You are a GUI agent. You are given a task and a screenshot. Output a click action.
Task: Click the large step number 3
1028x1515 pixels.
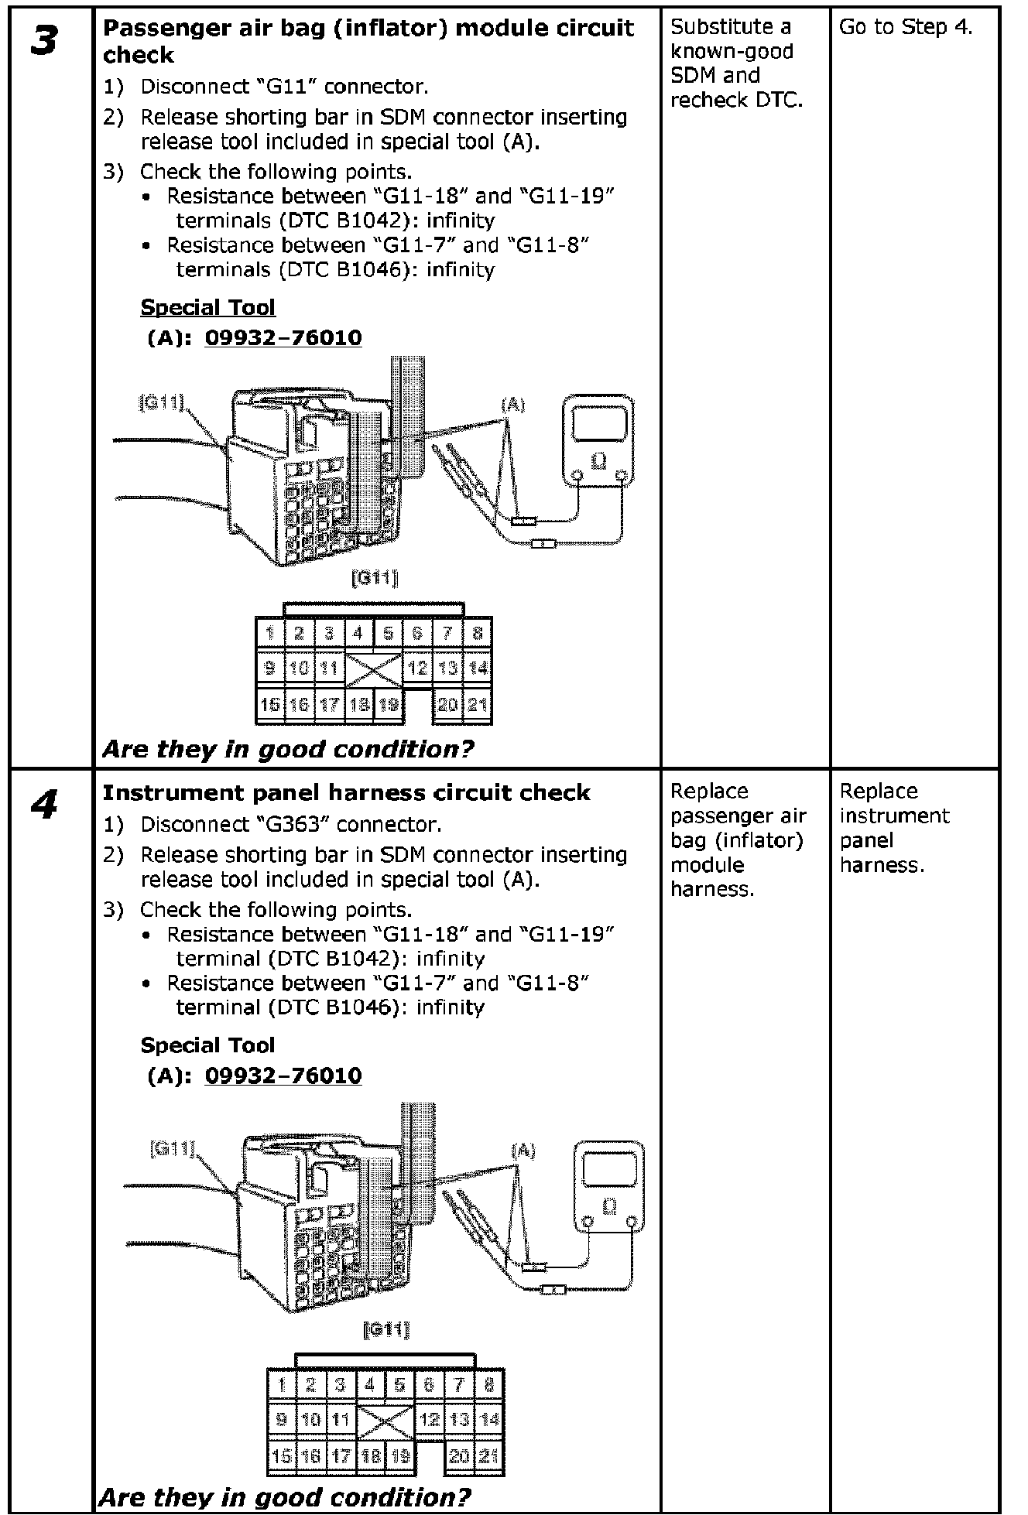(x=44, y=41)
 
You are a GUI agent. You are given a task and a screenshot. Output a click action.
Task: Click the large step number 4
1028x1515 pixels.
(x=44, y=805)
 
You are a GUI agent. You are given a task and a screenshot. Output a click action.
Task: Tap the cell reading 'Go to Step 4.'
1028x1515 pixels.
(x=906, y=27)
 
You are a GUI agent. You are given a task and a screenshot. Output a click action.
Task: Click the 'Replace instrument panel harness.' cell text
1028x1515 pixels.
(x=894, y=828)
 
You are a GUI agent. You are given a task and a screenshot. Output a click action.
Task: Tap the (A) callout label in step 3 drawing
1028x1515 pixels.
(x=513, y=405)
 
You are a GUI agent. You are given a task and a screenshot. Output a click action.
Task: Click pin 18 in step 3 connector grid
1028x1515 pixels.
(x=359, y=704)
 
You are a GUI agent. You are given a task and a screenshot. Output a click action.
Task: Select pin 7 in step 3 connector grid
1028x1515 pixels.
(x=447, y=634)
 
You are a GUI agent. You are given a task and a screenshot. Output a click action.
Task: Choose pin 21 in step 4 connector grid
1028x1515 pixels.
(x=488, y=1455)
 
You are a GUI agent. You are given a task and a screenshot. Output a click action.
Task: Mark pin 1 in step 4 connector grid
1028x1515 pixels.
(x=282, y=1385)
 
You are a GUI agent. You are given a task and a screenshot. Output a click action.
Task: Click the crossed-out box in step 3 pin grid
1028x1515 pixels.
(x=373, y=669)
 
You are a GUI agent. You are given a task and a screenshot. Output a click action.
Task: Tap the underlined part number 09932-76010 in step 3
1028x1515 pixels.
(x=283, y=338)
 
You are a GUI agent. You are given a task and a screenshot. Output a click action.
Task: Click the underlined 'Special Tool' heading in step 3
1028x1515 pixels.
(x=207, y=307)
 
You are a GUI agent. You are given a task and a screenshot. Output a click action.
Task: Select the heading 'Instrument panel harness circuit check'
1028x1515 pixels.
(x=346, y=792)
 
